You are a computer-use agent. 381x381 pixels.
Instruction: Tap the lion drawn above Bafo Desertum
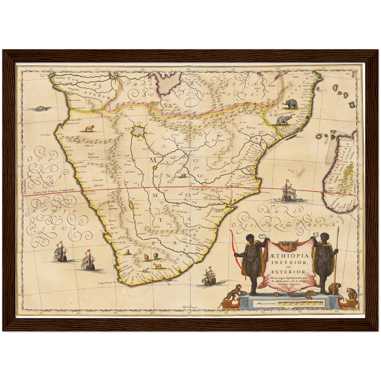(x=89, y=128)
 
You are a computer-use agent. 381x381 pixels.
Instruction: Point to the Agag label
(x=251, y=127)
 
